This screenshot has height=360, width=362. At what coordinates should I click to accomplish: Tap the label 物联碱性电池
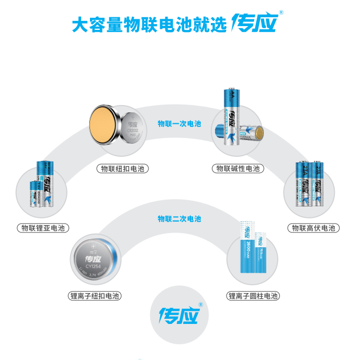pyautogui.click(x=238, y=168)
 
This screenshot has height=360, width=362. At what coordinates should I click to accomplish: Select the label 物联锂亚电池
pyautogui.click(x=43, y=228)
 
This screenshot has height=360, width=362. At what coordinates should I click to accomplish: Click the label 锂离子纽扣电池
pyautogui.click(x=95, y=296)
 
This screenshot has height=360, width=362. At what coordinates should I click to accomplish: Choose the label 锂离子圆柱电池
pyautogui.click(x=253, y=296)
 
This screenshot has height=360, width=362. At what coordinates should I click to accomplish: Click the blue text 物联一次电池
pyautogui.click(x=179, y=124)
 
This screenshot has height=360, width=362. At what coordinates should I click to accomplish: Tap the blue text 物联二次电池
pyautogui.click(x=179, y=218)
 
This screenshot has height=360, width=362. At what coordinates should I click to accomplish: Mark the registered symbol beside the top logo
pyautogui.click(x=281, y=13)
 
